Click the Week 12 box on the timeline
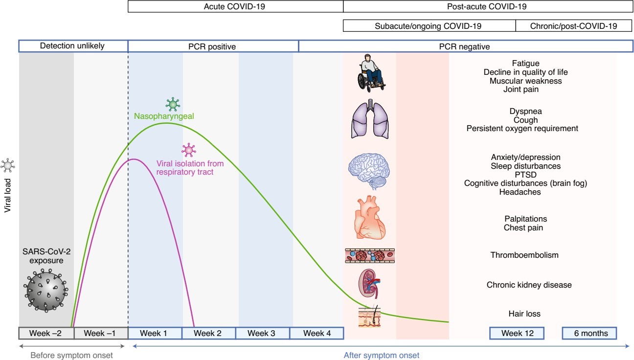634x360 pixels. pos(517,333)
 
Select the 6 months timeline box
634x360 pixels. pos(589,333)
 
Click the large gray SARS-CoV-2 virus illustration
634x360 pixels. pos(46,291)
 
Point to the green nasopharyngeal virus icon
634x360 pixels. pos(173,104)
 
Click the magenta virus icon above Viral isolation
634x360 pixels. pos(189,150)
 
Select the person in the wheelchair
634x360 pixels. pos(371,73)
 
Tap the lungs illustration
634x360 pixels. pos(370,119)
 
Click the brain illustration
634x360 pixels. pos(369,171)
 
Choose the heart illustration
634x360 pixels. pos(370,217)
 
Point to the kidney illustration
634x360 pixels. pos(369,284)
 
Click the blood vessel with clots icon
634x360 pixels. pos(370,256)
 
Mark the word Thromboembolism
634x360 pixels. pos(524,255)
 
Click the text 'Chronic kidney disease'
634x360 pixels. pos(529,285)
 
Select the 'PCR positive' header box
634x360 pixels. pos(213,46)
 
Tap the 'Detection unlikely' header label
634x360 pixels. pos(72,46)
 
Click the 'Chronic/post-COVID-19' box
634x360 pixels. pos(573,26)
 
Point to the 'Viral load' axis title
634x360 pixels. pos(7,195)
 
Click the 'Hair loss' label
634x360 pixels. pos(524,314)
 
